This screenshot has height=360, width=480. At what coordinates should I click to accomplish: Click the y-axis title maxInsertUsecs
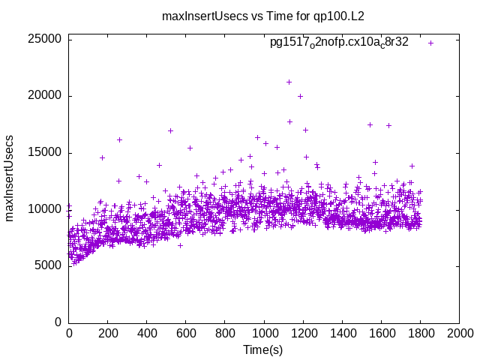[10, 178]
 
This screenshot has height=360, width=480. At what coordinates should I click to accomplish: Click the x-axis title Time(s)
[263, 349]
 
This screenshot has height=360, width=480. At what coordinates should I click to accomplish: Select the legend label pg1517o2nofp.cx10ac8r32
[339, 43]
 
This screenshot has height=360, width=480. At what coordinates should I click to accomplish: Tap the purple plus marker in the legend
[430, 43]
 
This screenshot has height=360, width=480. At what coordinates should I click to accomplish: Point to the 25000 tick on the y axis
[46, 39]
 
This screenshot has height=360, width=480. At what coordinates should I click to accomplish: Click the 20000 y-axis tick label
[46, 96]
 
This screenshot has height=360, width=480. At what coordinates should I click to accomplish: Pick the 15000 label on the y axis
[46, 152]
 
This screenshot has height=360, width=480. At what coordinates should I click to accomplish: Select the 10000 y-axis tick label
[46, 209]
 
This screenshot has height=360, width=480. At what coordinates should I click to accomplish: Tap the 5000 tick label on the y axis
[49, 265]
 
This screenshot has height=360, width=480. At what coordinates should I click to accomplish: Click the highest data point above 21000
[289, 82]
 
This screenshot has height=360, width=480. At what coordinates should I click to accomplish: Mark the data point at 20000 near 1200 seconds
[300, 96]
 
